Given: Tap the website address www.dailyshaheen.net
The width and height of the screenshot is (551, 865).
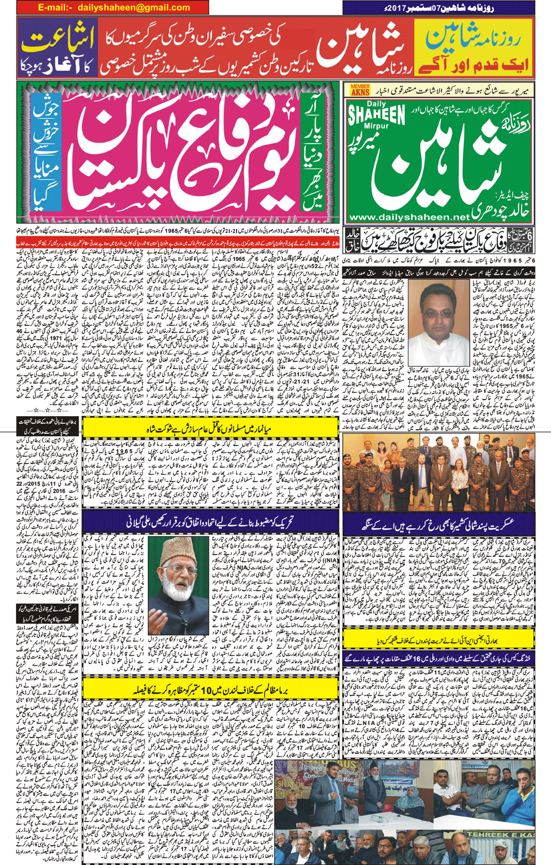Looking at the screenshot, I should [409, 218].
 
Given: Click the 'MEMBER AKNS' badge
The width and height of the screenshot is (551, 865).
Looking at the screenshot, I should [360, 90].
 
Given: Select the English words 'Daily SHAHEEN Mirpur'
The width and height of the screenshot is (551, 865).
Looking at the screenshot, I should [376, 118].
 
